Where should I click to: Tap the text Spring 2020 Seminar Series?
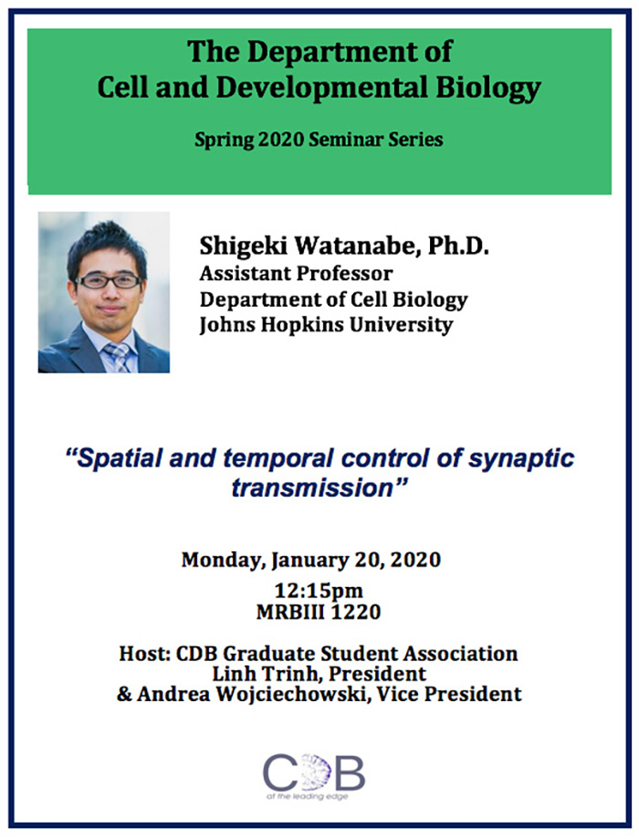tap(319, 140)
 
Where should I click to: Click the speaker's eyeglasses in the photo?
tap(109, 281)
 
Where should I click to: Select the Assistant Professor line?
tap(296, 273)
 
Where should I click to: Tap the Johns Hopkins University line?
tap(326, 325)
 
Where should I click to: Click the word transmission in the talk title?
tap(310, 487)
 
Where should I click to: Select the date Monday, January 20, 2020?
tap(311, 560)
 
